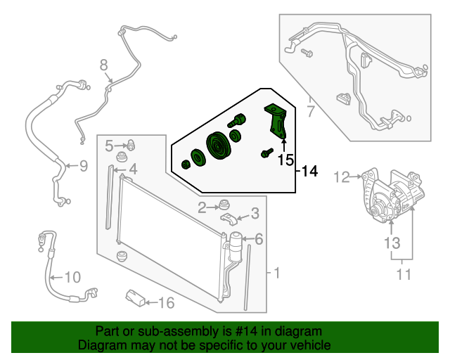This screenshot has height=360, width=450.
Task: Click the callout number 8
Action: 104,66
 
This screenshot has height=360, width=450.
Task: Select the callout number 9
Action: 82,167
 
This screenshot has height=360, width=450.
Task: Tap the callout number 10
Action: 72,276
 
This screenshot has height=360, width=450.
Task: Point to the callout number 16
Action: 165,303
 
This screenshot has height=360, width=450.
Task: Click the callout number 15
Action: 284,160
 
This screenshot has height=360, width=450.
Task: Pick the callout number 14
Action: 310,171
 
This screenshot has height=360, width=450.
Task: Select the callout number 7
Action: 310,111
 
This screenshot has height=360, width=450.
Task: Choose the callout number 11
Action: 403,275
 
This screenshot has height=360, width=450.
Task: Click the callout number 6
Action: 259,240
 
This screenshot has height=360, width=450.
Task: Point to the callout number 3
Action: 255,213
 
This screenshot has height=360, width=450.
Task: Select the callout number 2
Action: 202,207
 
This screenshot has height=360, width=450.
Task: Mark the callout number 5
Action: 110,146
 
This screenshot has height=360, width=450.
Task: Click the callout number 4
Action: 132,169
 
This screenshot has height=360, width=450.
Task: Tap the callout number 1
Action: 276,272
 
